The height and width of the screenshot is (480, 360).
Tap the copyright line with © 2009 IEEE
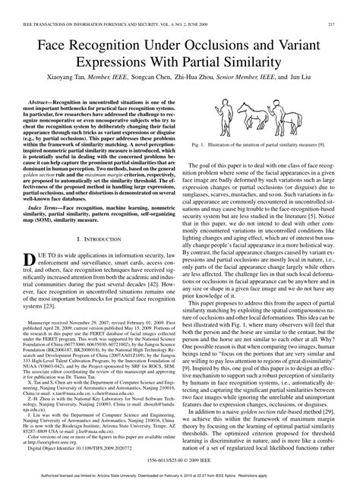pos(180,459)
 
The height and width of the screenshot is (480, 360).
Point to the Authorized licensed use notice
pos(180,474)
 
